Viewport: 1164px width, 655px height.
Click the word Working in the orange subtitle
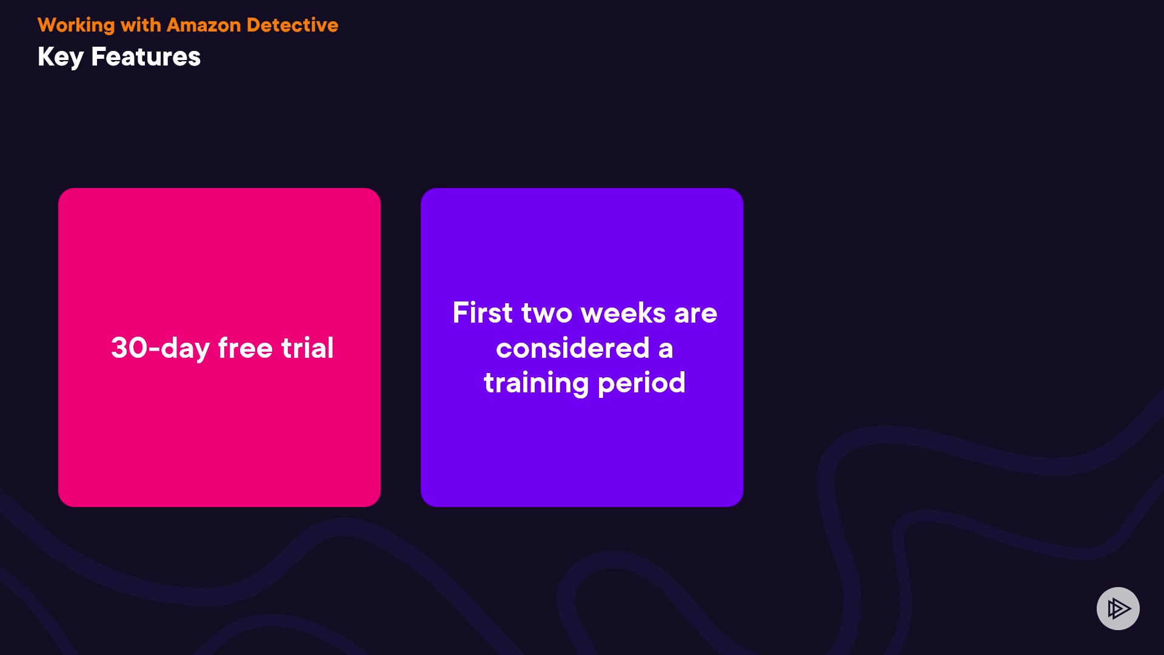[76, 25]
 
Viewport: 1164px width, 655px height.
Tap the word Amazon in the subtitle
[204, 25]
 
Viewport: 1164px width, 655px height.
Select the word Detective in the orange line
[292, 25]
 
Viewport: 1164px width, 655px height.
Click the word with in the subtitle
[141, 25]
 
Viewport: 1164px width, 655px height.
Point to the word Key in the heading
[61, 58]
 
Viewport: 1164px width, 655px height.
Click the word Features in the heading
[145, 57]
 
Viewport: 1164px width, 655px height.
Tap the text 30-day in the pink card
[160, 349]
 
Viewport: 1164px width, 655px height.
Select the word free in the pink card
[246, 348]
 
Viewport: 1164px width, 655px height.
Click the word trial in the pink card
[307, 348]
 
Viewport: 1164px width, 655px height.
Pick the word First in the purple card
[483, 313]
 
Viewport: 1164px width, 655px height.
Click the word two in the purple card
[547, 314]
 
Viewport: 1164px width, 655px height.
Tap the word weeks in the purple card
[623, 313]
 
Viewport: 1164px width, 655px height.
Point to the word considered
[573, 348]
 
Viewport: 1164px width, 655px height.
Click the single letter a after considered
[666, 350]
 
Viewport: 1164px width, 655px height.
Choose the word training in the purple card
[537, 384]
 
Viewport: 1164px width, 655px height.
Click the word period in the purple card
[641, 384]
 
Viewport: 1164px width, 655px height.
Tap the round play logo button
[1118, 608]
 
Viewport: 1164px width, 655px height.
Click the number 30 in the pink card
[129, 348]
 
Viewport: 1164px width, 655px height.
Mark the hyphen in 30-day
[154, 350]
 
